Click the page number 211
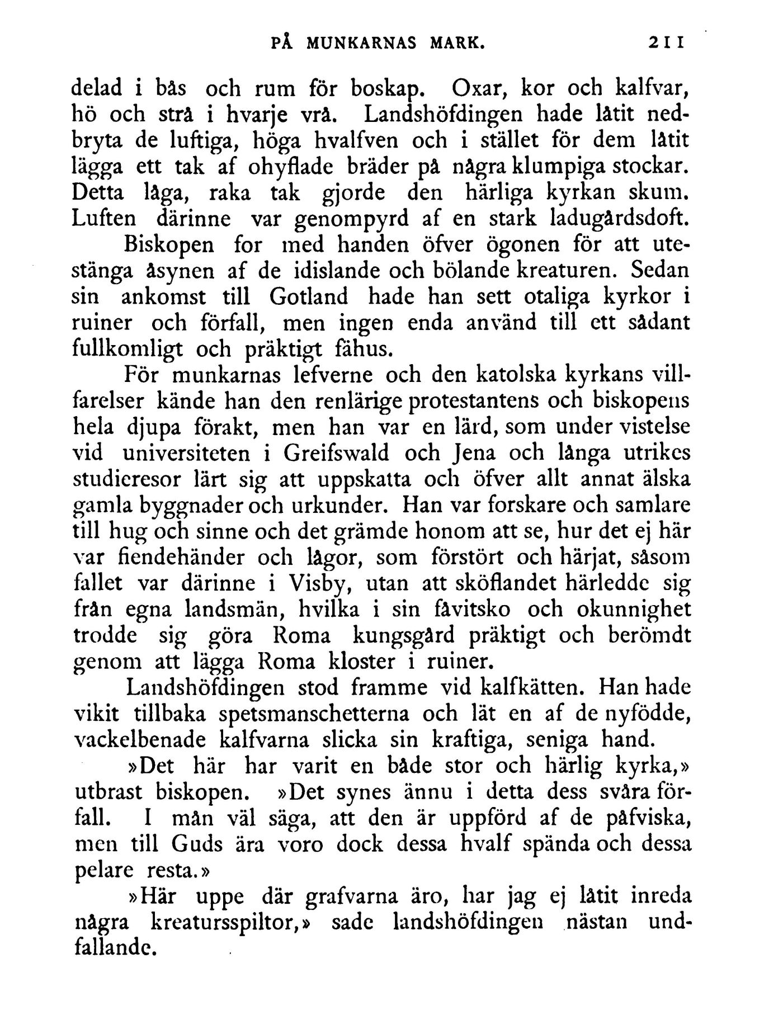(667, 44)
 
